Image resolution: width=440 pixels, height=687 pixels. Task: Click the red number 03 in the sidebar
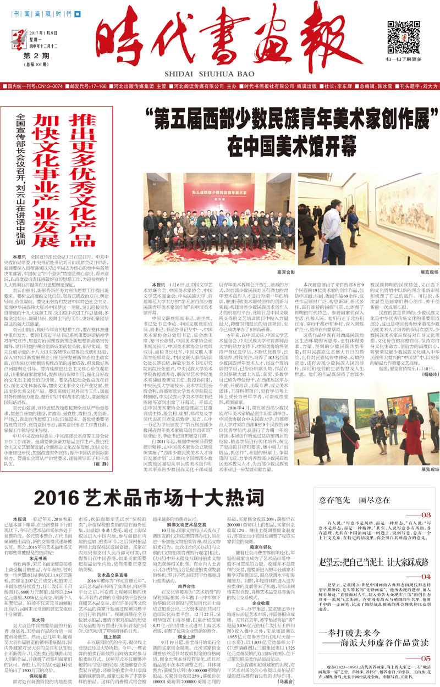click(x=425, y=515)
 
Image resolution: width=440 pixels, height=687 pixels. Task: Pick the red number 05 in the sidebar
click(x=425, y=644)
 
